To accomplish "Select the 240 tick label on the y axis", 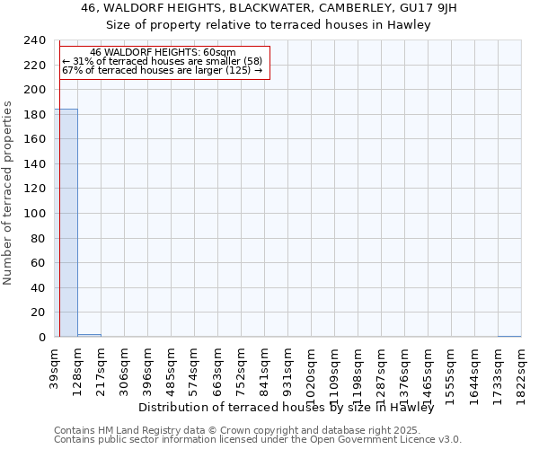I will click(35, 40).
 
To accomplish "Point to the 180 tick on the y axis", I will click(35, 115).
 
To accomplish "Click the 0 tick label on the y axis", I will click(42, 338).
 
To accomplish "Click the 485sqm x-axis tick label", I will click(172, 369).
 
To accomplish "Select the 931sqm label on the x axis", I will click(288, 369).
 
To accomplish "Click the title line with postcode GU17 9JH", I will click(269, 8).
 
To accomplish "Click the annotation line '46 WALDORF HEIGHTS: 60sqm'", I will click(163, 53).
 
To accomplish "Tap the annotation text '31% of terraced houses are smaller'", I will click(163, 62).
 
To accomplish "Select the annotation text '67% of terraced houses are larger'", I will click(163, 71).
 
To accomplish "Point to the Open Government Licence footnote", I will click(258, 440).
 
